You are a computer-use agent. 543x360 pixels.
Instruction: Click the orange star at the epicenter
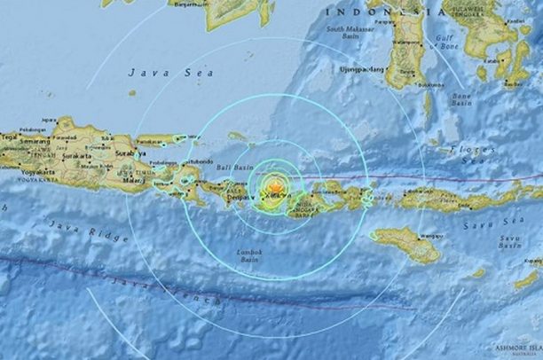point(275,188)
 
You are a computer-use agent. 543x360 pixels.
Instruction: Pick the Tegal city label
point(7,137)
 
